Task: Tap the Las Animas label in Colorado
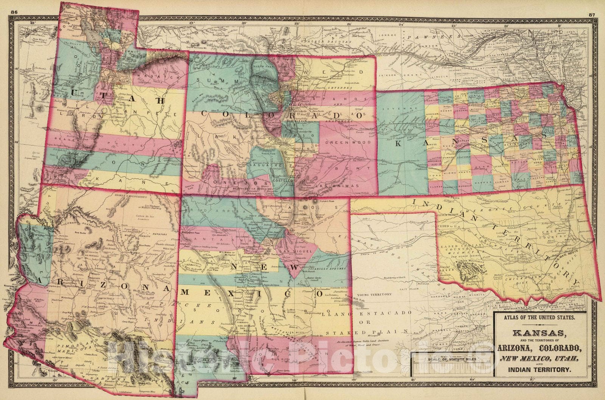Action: pos(331,186)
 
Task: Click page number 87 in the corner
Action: pos(592,5)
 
